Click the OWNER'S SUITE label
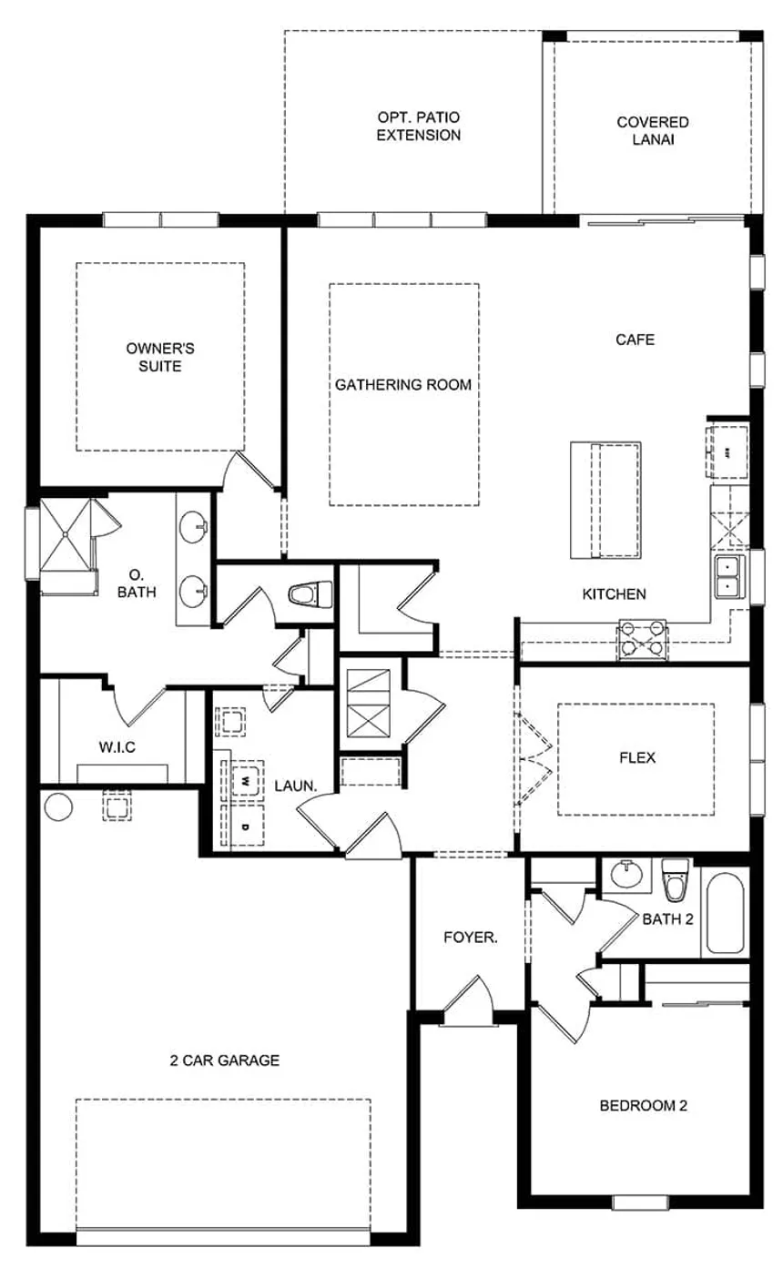pyautogui.click(x=160, y=357)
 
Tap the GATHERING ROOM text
pyautogui.click(x=403, y=385)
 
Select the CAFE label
pyautogui.click(x=635, y=340)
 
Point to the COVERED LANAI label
pyautogui.click(x=653, y=131)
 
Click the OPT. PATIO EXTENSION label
pyautogui.click(x=419, y=127)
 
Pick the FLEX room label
pyautogui.click(x=637, y=757)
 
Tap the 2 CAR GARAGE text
pyautogui.click(x=225, y=1060)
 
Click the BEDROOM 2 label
pyautogui.click(x=643, y=1106)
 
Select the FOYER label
pyautogui.click(x=470, y=938)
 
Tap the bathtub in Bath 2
pyautogui.click(x=725, y=914)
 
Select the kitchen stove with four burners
pyautogui.click(x=641, y=640)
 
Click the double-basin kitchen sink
pyautogui.click(x=730, y=576)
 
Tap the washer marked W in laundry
pyautogui.click(x=245, y=781)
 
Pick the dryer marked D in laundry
pyautogui.click(x=245, y=826)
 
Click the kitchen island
pyautogui.click(x=605, y=500)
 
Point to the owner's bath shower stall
pyautogui.click(x=66, y=533)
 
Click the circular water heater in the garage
pyautogui.click(x=58, y=806)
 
